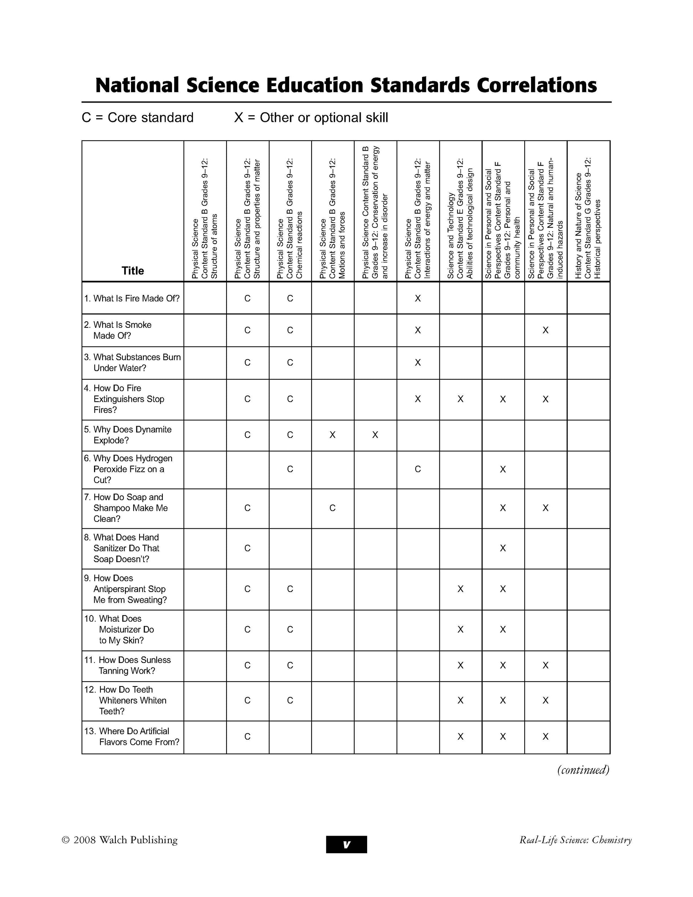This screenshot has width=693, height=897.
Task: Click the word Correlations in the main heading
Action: [536, 85]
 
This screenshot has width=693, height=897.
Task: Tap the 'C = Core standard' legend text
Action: [137, 118]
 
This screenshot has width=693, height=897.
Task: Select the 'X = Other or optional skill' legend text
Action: [311, 118]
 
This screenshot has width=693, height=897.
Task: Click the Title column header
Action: [132, 271]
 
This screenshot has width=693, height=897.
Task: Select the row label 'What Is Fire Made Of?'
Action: [132, 299]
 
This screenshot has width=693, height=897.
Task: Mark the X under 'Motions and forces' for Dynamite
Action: [333, 435]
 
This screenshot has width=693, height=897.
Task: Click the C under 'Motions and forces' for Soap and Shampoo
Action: [333, 508]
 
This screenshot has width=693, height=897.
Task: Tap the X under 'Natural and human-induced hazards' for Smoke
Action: [546, 330]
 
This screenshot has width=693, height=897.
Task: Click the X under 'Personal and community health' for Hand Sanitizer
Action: [503, 548]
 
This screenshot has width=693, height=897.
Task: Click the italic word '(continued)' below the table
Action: [583, 770]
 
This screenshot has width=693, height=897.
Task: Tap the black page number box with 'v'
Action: [346, 845]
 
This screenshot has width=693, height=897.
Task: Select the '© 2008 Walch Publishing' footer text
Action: [119, 840]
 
